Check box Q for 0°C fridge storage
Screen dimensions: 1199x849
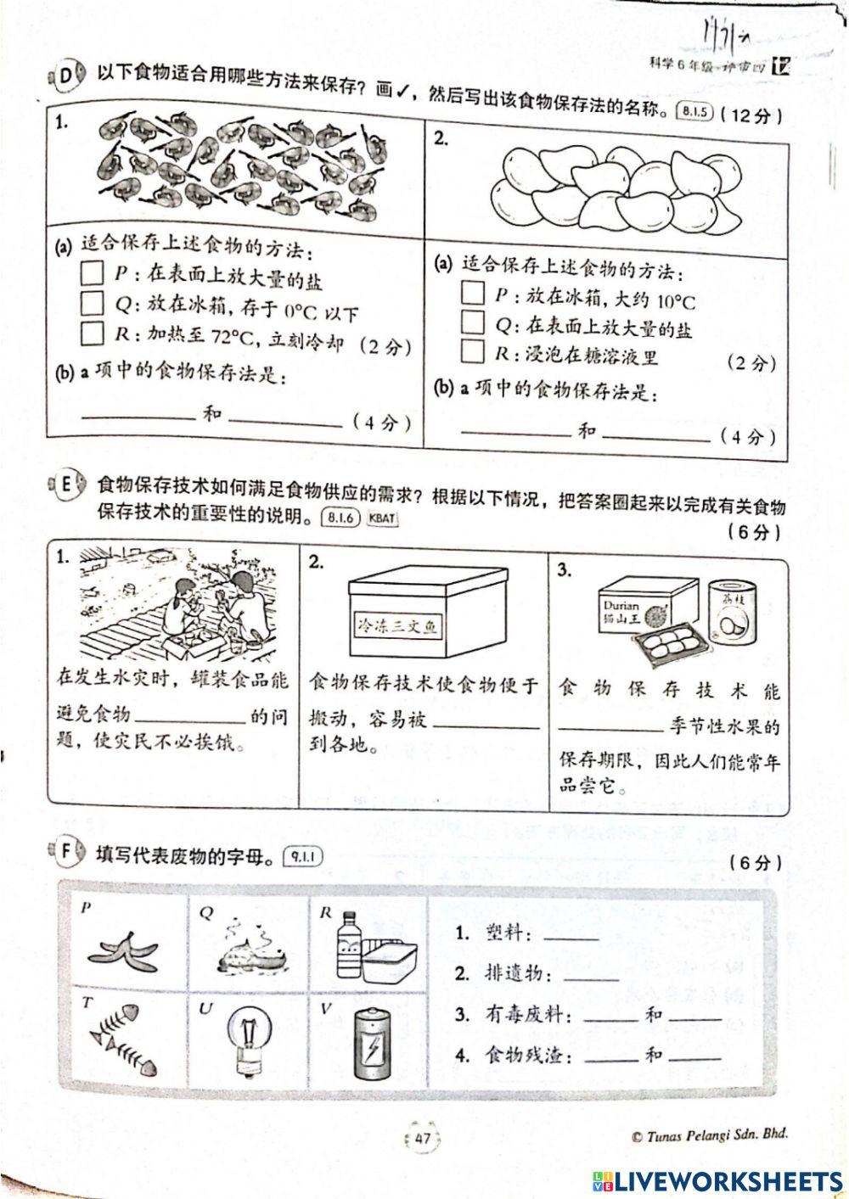pos(91,303)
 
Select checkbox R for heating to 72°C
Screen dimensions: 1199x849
pos(92,333)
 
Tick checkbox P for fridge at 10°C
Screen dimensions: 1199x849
pos(472,294)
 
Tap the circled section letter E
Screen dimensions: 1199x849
pos(67,485)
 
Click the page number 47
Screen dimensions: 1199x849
pos(422,1140)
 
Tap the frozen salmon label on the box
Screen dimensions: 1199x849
pos(397,626)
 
